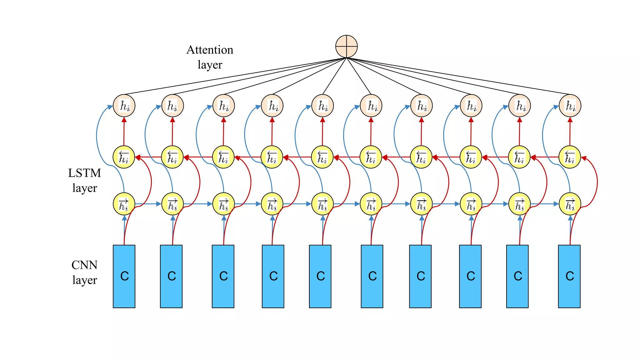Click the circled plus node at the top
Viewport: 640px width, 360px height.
click(x=346, y=46)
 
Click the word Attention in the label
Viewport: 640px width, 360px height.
click(x=210, y=50)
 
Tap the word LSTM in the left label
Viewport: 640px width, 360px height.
click(x=84, y=173)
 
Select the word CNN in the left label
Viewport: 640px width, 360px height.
click(x=84, y=265)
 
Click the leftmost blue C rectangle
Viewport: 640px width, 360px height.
click(x=124, y=276)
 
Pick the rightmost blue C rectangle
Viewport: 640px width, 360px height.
click(x=569, y=276)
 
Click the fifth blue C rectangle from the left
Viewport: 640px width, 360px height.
click(x=320, y=276)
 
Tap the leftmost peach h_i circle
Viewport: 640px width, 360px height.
click(x=124, y=106)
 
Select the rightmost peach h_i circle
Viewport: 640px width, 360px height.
click(x=570, y=106)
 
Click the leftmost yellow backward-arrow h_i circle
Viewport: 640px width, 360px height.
click(x=124, y=157)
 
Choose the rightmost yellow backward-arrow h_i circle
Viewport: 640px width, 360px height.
click(x=569, y=157)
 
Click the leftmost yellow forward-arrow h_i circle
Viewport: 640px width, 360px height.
click(x=124, y=204)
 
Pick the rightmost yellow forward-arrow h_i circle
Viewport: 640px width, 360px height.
click(x=570, y=204)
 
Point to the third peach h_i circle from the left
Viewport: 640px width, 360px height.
click(x=223, y=106)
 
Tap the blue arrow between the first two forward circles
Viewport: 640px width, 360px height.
click(x=148, y=204)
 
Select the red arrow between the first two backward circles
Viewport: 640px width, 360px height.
click(x=148, y=157)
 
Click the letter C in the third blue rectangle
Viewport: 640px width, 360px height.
click(x=223, y=276)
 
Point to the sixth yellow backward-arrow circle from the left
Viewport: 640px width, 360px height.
click(x=371, y=157)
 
